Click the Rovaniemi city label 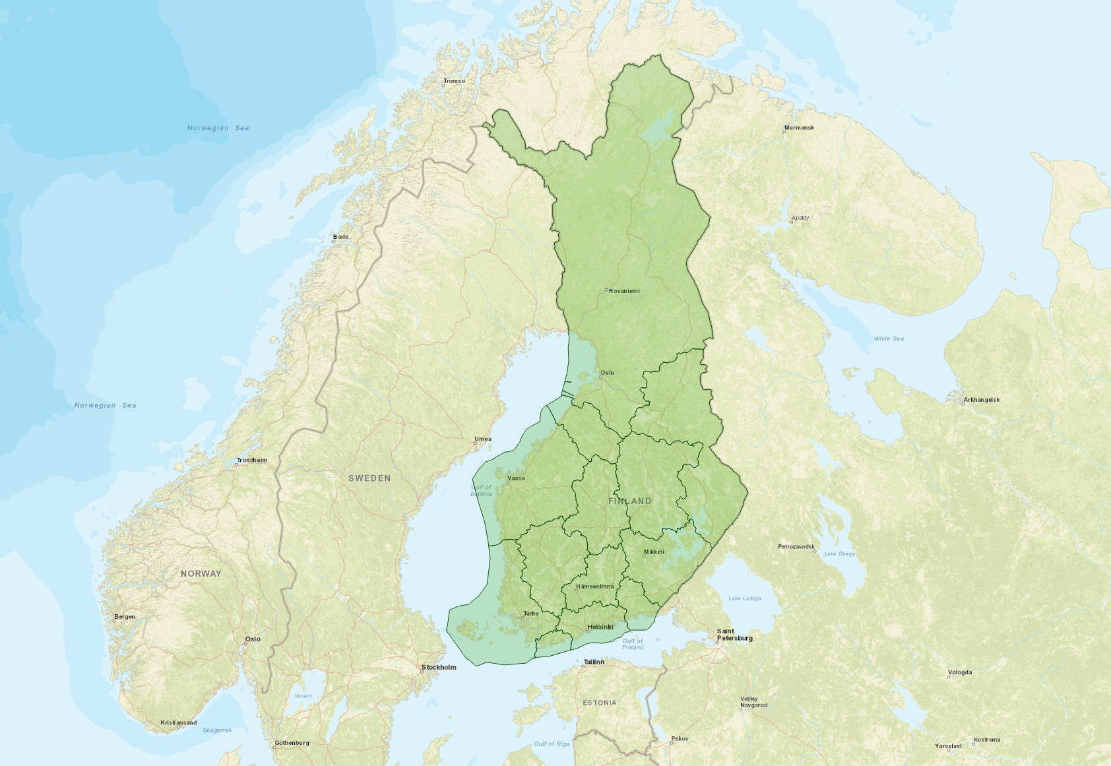tap(624, 291)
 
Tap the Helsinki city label tap(600, 627)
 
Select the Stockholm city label tap(439, 668)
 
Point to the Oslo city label tap(253, 639)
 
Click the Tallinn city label tap(594, 662)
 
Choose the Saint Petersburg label tap(734, 635)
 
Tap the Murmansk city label tap(799, 128)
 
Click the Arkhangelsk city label tap(981, 400)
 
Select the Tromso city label tap(454, 81)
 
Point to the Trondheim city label tap(252, 461)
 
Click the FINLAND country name tap(629, 501)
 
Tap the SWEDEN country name tap(369, 478)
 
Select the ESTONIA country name tap(599, 703)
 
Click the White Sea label tap(889, 339)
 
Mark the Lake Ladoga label tap(744, 599)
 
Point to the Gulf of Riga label tap(552, 744)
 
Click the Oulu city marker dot tap(600, 377)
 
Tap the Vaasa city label tap(517, 478)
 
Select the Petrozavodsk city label tap(796, 547)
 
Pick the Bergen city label tap(125, 617)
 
